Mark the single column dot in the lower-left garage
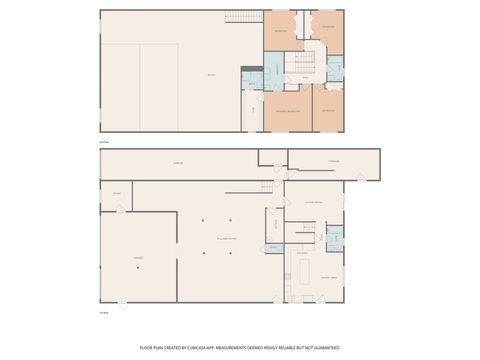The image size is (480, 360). (139, 267)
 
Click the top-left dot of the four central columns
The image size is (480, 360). (203, 220)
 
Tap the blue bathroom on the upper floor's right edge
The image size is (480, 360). (336, 68)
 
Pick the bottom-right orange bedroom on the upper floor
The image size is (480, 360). (328, 110)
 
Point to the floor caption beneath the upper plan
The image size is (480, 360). (104, 141)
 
